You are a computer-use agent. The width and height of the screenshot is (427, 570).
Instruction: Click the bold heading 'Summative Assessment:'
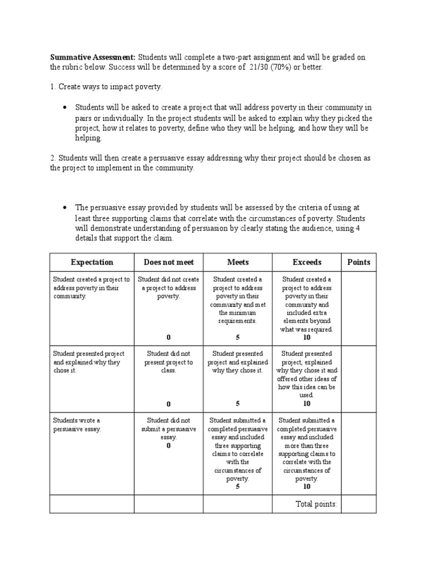[x=93, y=57]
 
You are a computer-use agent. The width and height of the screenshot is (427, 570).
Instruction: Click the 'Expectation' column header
[x=92, y=262]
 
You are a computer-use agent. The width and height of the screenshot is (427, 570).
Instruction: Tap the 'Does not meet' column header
[x=168, y=262]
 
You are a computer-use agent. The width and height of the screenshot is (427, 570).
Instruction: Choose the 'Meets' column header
[x=238, y=262]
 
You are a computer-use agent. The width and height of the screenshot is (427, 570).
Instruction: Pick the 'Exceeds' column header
[x=307, y=262]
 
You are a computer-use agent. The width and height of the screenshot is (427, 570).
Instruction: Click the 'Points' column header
[x=359, y=262]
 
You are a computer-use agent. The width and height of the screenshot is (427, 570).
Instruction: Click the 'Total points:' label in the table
[x=316, y=504]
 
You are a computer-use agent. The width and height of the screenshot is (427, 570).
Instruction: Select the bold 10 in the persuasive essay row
[x=307, y=486]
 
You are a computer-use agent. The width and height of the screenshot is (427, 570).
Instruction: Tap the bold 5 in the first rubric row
[x=238, y=337]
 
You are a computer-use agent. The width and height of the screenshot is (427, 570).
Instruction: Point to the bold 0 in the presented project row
[x=168, y=404]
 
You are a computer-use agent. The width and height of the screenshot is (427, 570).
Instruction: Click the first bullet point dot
[x=65, y=107]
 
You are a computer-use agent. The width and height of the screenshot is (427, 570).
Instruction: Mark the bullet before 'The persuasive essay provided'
[x=65, y=207]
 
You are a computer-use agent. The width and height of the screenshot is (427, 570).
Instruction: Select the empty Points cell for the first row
[x=359, y=308]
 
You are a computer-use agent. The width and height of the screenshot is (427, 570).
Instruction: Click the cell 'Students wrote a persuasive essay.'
[x=77, y=425]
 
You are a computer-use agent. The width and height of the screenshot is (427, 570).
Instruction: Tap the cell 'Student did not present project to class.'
[x=168, y=362]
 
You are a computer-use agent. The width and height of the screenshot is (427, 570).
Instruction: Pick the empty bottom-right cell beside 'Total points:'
[x=359, y=504]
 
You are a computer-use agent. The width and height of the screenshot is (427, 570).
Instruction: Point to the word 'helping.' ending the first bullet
[x=89, y=138]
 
